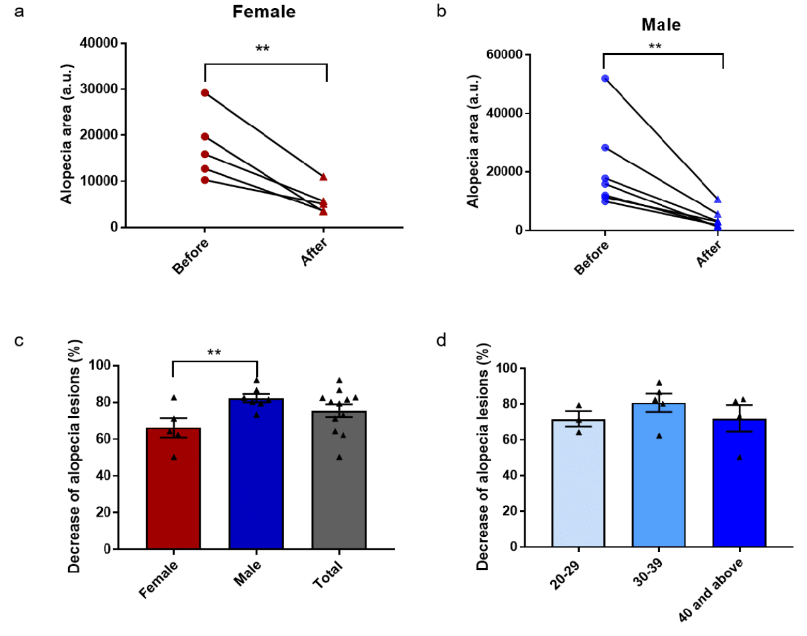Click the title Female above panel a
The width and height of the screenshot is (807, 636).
click(x=264, y=12)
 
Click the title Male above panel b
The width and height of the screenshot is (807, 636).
click(x=661, y=25)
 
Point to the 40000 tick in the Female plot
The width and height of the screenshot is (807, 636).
click(x=99, y=43)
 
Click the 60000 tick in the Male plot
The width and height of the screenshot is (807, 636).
click(x=504, y=55)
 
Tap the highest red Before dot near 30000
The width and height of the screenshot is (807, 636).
click(x=205, y=93)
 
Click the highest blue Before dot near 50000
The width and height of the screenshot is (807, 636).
click(x=605, y=79)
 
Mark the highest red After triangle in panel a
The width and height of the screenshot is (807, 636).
click(x=323, y=177)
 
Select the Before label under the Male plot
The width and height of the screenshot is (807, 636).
click(x=591, y=258)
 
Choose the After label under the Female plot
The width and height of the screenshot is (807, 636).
click(x=314, y=252)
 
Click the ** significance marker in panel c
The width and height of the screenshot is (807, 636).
click(x=215, y=352)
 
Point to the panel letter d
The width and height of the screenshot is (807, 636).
click(x=441, y=341)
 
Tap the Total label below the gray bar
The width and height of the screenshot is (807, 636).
click(x=327, y=575)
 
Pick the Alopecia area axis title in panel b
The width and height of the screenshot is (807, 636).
click(x=473, y=142)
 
